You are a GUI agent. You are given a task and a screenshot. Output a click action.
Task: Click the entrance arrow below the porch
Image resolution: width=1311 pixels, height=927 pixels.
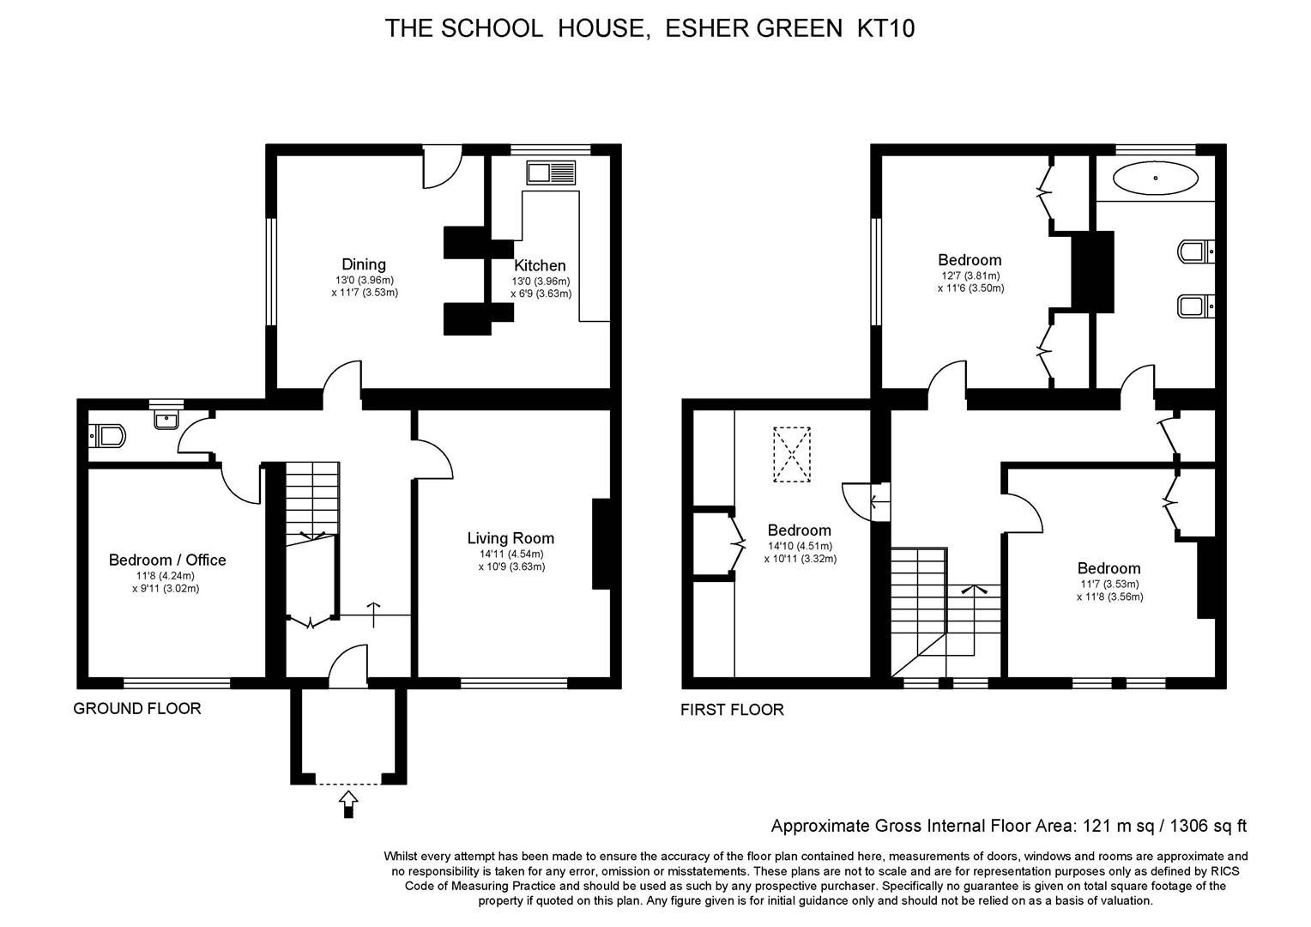[347, 803]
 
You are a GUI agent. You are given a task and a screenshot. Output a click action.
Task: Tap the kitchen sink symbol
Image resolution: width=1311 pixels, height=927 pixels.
[551, 173]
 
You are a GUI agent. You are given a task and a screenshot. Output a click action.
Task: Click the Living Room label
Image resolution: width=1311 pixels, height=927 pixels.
[511, 538]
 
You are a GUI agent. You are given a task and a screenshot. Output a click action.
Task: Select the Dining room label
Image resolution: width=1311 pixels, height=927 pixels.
[364, 264]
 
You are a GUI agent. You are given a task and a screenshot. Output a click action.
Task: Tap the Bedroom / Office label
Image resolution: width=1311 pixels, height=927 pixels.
[167, 560]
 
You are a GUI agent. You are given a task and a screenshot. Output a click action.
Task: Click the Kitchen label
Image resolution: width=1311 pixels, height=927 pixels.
[540, 266]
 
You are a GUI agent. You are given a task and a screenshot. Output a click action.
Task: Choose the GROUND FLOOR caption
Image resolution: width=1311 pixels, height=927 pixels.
[137, 709]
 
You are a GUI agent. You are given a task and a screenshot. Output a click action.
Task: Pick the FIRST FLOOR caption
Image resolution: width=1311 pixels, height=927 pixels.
[732, 710]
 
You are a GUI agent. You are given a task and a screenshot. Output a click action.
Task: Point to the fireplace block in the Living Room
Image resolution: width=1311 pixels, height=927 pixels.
[601, 543]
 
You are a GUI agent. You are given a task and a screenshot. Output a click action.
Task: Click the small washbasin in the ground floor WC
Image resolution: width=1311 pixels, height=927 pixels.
[166, 419]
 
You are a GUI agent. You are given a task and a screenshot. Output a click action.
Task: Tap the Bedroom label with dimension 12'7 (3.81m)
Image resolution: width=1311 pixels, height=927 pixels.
[970, 260]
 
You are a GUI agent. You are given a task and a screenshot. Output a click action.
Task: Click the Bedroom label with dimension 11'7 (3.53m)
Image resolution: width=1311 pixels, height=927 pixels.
[1109, 568]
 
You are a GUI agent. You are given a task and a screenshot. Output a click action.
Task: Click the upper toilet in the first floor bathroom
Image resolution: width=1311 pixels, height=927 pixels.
[1196, 251]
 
